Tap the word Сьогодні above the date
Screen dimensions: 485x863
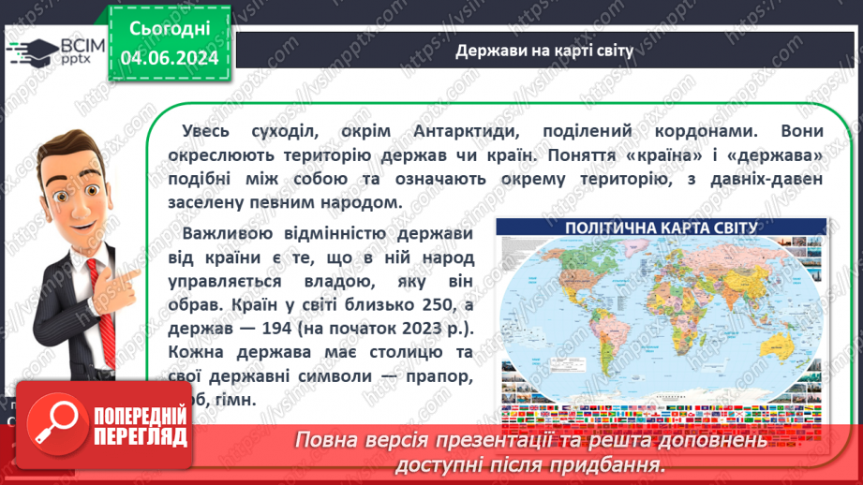pos(170,29)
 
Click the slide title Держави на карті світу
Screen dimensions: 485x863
pos(543,50)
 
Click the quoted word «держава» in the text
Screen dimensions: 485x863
pos(777,153)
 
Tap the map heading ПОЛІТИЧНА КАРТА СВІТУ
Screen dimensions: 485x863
pos(662,228)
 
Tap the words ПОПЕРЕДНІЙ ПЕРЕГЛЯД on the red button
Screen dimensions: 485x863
pos(141,426)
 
